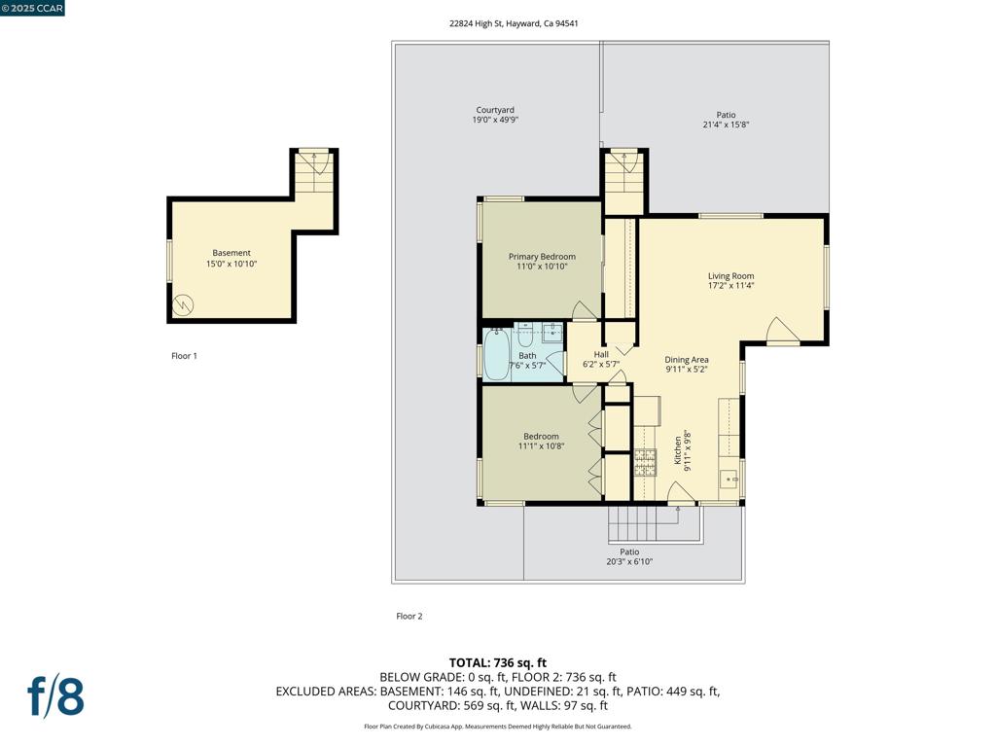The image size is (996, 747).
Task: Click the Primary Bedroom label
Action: [x=542, y=257]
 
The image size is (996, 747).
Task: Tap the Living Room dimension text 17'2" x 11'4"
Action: [x=730, y=287]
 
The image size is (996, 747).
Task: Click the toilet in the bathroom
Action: [x=525, y=336]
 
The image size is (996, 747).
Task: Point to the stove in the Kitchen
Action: [x=645, y=460]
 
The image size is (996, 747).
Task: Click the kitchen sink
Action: [x=728, y=479]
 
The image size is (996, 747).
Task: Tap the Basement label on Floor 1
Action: [x=231, y=253]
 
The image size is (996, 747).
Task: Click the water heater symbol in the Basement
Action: [x=183, y=305]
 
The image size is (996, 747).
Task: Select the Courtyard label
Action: [x=495, y=110]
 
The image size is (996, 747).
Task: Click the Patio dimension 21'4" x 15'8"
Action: [x=726, y=124]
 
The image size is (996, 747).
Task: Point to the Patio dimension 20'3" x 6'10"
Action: [x=629, y=561]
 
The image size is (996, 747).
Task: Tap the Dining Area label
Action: [x=687, y=359]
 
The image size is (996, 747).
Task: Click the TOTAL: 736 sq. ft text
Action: [x=497, y=662]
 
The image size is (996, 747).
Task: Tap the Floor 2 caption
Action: [x=409, y=616]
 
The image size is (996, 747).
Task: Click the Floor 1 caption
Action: [x=184, y=356]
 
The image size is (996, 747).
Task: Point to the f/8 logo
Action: [x=55, y=696]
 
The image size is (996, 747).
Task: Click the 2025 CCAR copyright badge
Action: [x=33, y=9]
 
